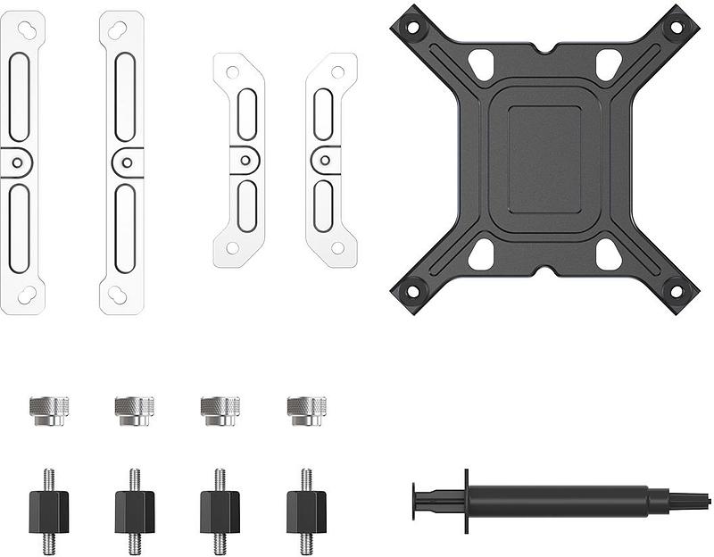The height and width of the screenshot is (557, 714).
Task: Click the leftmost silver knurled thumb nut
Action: click(49, 411)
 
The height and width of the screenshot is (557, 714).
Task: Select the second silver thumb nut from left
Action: click(135, 411)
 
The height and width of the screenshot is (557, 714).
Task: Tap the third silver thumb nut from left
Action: click(220, 411)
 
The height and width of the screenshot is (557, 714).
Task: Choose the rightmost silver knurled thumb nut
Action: click(306, 411)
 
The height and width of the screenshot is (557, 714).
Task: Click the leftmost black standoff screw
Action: click(49, 511)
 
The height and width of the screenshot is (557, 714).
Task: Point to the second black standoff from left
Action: click(135, 511)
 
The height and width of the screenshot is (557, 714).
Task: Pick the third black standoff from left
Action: click(220, 511)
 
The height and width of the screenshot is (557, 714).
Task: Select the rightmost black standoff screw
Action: click(306, 511)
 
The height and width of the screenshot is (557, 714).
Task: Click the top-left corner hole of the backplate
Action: click(412, 28)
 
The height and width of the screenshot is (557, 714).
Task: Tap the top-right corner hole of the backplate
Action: click(677, 28)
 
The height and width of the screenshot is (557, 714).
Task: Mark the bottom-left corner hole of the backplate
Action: click(412, 291)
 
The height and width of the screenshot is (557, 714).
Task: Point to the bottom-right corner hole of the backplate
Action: click(677, 291)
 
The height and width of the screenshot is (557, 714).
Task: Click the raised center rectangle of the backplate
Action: click(544, 159)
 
